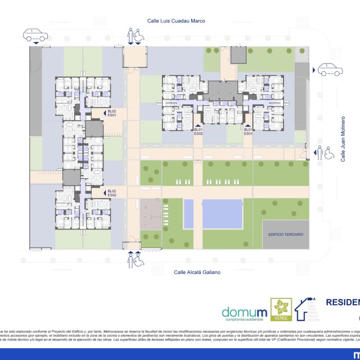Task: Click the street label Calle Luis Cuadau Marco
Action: [x=176, y=21]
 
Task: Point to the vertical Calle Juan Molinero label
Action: [x=343, y=139]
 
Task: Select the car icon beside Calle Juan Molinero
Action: [x=330, y=70]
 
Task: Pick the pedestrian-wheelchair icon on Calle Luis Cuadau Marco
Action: [x=135, y=35]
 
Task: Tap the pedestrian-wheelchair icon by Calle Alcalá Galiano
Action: [x=135, y=261]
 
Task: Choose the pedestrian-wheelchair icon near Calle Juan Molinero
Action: [x=325, y=153]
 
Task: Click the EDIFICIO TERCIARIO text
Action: [x=286, y=234]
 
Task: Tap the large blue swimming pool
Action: [x=220, y=214]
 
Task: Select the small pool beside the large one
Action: [x=189, y=214]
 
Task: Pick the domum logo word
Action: [x=244, y=312]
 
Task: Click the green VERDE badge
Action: [x=281, y=310]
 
